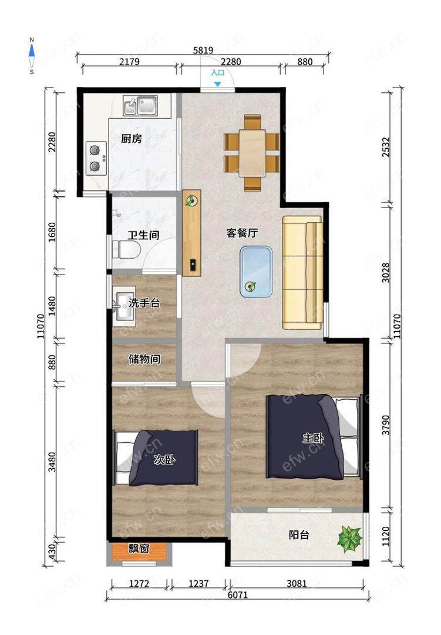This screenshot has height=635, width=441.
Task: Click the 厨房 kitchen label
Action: [132, 139]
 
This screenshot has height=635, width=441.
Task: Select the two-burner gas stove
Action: [96, 158]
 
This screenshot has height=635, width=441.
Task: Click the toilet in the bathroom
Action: [126, 249]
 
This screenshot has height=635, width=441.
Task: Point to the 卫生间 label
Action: [143, 235]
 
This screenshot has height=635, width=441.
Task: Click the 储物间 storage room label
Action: [144, 359]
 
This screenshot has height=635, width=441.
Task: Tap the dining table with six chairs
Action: [252, 153]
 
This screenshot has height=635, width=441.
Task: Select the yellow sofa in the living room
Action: [302, 273]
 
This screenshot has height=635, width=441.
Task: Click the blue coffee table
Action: [255, 272]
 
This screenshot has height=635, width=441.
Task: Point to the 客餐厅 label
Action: [242, 233]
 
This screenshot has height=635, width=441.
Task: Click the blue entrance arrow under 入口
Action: [218, 84]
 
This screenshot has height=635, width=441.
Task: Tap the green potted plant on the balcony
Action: [350, 538]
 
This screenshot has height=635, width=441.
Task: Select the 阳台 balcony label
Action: [299, 535]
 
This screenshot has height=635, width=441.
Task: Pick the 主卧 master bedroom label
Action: [314, 438]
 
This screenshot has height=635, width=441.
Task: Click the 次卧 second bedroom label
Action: [164, 460]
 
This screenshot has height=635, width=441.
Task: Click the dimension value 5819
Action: [203, 50]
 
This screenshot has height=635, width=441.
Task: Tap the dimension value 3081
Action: [297, 584]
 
